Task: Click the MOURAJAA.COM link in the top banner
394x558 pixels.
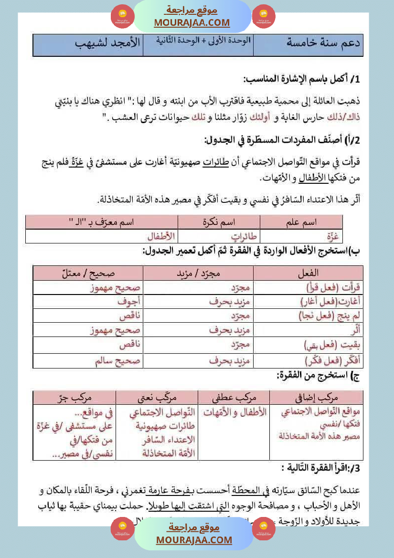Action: pos(192,22)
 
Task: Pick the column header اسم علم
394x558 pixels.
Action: pos(301,222)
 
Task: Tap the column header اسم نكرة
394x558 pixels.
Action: pos(219,222)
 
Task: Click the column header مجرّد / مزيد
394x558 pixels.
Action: pos(198,273)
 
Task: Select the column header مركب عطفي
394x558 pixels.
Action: pos(234,397)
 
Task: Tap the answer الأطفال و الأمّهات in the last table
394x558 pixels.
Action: pos(234,412)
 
